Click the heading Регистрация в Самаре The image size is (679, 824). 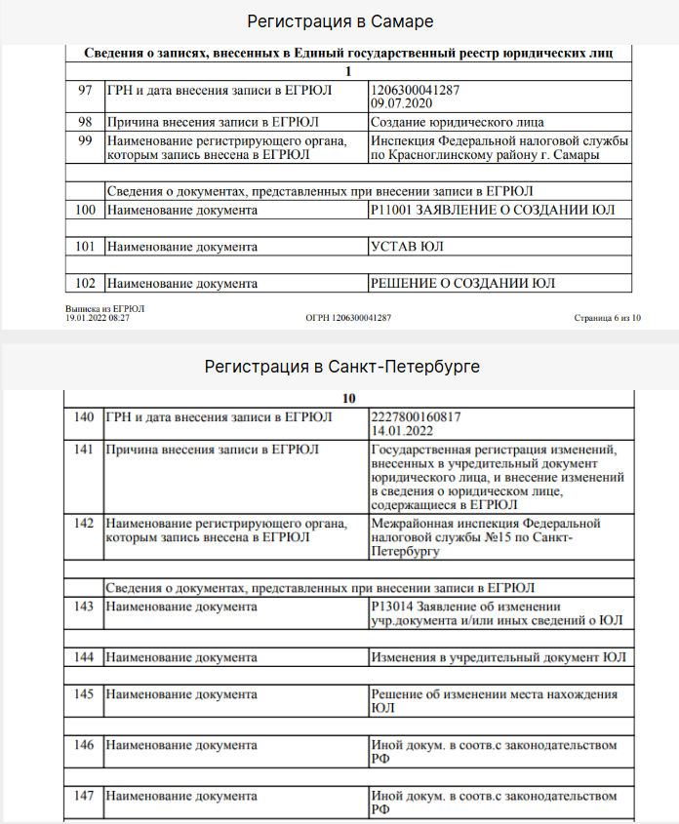(339, 21)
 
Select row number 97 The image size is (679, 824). (85, 91)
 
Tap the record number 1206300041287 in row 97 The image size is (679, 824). (415, 91)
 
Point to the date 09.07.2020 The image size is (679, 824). (400, 103)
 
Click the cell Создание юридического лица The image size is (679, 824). (458, 123)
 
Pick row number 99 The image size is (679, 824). (85, 140)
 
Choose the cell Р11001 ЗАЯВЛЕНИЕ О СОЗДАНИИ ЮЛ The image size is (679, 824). (494, 210)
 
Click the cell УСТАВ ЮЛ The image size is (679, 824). (408, 247)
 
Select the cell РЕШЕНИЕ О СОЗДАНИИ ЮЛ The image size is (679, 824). (462, 284)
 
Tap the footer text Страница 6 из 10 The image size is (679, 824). (607, 318)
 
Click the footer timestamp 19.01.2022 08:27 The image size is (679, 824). (98, 318)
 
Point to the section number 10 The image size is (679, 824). (349, 399)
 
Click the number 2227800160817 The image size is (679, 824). (417, 417)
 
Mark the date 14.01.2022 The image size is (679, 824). (403, 430)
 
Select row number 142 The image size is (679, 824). (85, 524)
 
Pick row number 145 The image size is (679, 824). (85, 694)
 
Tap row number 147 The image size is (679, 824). (85, 797)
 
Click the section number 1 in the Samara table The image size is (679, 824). (348, 71)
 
